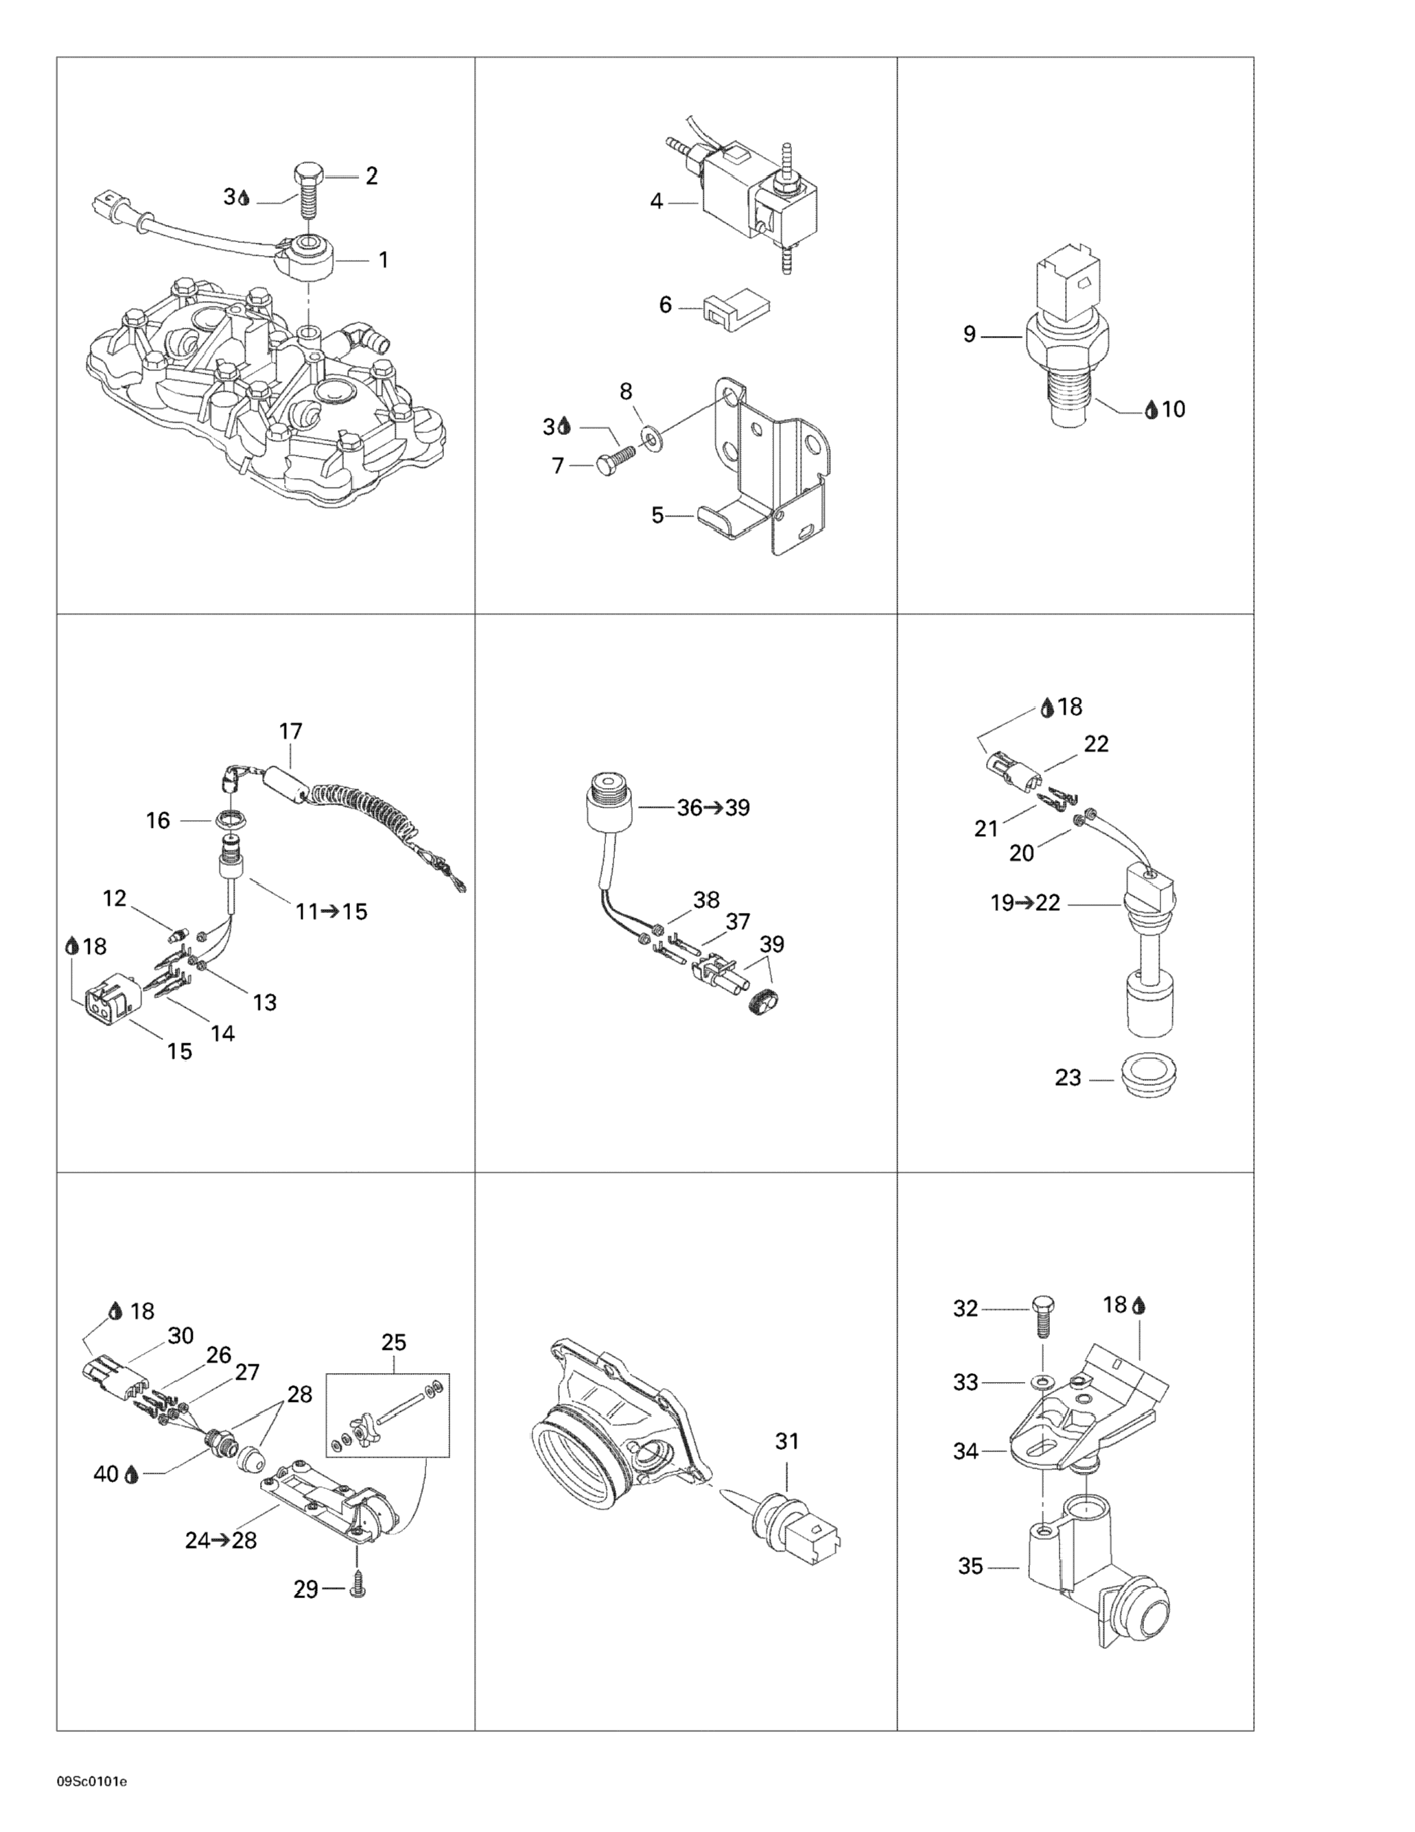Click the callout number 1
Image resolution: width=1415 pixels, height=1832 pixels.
click(x=384, y=260)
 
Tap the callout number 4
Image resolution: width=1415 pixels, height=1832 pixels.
click(x=656, y=202)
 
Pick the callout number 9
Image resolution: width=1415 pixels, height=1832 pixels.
click(x=970, y=335)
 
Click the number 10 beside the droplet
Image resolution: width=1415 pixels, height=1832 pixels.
click(x=1173, y=409)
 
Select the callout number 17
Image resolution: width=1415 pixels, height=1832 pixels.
click(x=290, y=731)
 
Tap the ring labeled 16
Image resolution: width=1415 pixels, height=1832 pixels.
click(x=230, y=818)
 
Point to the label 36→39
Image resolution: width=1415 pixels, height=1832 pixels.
click(x=714, y=808)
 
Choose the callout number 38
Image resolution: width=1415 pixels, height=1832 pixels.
click(x=706, y=900)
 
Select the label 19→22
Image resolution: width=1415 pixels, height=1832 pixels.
click(x=1025, y=903)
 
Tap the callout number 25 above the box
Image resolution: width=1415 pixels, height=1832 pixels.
click(x=394, y=1343)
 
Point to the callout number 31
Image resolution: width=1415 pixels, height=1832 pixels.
click(x=786, y=1441)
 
